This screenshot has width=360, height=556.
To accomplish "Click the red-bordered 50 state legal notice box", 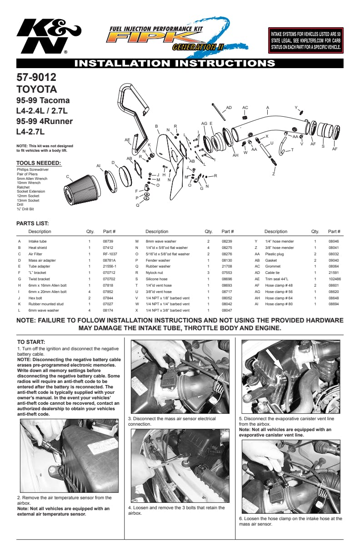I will (x=305, y=40).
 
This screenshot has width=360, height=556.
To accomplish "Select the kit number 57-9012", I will (x=36, y=77).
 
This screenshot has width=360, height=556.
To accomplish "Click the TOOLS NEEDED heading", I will (x=39, y=163).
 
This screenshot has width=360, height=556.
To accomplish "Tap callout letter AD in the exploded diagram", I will (x=229, y=108).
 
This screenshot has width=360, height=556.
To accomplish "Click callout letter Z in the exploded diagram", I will (x=274, y=174).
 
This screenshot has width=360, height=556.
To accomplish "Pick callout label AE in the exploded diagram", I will (x=127, y=139).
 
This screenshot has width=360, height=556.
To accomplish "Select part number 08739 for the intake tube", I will (x=108, y=241).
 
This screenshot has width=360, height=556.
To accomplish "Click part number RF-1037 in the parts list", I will (x=110, y=254).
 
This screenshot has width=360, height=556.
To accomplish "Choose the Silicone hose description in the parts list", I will (x=156, y=279).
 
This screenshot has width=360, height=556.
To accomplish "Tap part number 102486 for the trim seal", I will (x=335, y=279).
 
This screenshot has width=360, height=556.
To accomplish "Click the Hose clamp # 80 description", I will (x=279, y=304).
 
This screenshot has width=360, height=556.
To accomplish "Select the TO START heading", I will (x=31, y=342).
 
